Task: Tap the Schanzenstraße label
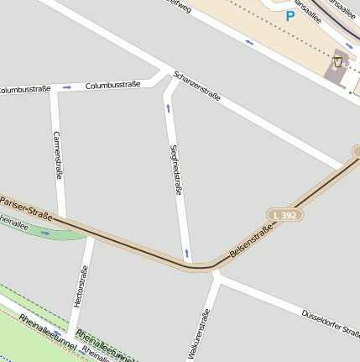click(197, 86)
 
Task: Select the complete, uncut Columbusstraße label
click(112, 85)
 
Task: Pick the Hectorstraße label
click(81, 286)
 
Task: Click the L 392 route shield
click(284, 215)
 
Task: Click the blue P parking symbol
click(290, 15)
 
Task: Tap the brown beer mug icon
click(338, 62)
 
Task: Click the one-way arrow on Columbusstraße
click(67, 87)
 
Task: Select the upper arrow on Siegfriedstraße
click(169, 108)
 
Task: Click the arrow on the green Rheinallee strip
click(45, 233)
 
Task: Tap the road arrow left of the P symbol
click(248, 41)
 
